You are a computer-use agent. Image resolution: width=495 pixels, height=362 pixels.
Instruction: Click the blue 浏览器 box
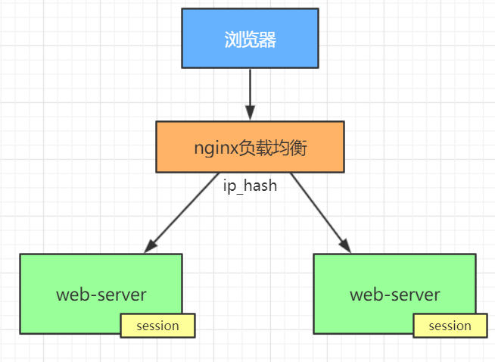[x=250, y=38]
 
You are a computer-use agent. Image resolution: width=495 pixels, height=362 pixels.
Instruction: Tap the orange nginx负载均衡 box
[x=250, y=146]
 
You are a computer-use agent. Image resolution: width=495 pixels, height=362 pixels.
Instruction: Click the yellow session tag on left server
[x=157, y=326]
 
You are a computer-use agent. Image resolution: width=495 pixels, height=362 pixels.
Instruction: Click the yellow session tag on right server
[x=450, y=326]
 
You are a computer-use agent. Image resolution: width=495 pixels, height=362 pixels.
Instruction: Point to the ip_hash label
[x=249, y=186]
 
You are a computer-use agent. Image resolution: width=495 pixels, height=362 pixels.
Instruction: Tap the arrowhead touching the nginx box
[x=250, y=114]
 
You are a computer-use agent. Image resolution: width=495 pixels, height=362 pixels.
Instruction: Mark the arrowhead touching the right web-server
[x=344, y=245]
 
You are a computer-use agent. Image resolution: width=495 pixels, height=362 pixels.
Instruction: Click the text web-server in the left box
[x=101, y=294]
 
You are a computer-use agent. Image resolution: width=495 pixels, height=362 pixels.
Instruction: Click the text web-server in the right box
[x=394, y=294]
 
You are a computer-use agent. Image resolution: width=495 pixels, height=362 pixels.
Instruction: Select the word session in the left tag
[x=157, y=326]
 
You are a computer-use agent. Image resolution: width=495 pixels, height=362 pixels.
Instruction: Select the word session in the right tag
[x=450, y=326]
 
